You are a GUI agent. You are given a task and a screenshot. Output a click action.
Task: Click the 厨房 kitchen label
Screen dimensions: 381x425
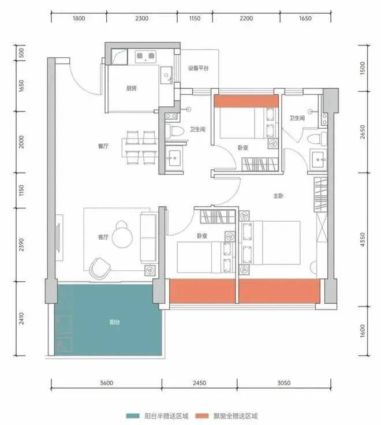click(131, 88)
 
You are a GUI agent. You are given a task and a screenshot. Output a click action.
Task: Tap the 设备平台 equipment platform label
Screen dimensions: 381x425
click(199, 68)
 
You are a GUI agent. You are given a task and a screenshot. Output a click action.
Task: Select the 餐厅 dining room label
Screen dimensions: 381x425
click(103, 146)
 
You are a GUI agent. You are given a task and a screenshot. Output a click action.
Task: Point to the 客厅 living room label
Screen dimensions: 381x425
click(103, 237)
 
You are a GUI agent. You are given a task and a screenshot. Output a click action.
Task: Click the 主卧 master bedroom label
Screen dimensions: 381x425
click(278, 196)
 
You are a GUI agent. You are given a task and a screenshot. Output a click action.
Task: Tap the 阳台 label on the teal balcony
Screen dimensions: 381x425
click(115, 322)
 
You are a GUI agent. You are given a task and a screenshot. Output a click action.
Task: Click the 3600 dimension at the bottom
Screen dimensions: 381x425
click(106, 383)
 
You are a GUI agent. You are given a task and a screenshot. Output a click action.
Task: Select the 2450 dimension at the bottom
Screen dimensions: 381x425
click(199, 383)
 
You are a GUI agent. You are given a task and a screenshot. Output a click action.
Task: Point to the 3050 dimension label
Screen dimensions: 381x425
click(283, 383)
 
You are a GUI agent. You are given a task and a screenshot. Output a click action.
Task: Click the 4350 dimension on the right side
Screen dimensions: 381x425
click(363, 240)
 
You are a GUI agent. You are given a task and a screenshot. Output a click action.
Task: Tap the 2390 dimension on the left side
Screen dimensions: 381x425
click(21, 244)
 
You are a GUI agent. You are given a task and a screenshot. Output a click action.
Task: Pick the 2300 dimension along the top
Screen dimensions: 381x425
click(142, 18)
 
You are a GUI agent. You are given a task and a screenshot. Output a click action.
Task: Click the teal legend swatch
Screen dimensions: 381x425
click(133, 416)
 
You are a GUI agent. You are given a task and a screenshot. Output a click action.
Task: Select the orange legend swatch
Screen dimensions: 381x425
click(202, 416)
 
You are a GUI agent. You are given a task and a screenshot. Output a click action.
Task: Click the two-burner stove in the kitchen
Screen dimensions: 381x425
click(145, 57)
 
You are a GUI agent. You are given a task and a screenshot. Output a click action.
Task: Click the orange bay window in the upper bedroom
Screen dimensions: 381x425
click(246, 101)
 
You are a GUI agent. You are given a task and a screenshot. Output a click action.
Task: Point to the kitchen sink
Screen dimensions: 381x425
click(166, 75)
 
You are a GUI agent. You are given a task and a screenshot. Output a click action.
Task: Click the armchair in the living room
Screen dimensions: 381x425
click(100, 268)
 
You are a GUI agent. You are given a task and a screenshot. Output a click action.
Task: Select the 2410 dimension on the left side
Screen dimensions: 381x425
click(21, 318)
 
